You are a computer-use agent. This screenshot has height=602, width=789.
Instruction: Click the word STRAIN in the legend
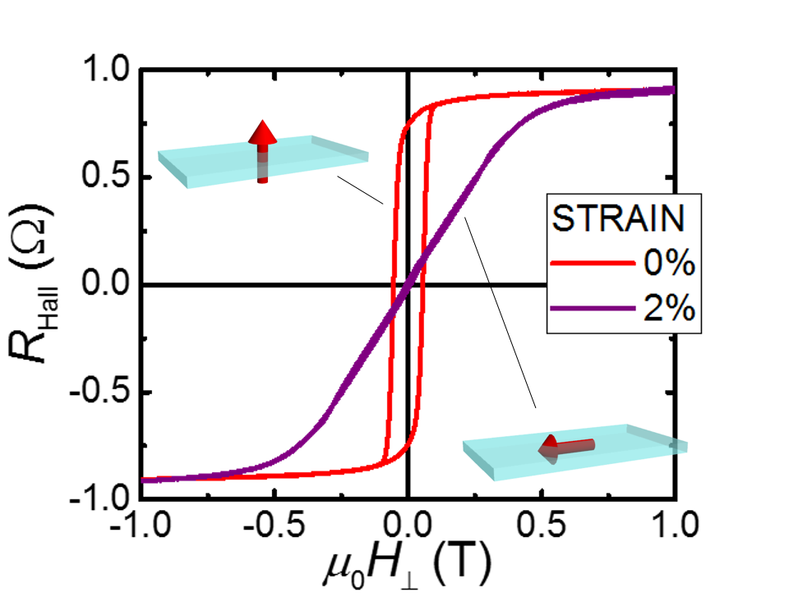618,218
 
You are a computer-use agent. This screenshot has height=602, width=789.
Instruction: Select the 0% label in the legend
669,264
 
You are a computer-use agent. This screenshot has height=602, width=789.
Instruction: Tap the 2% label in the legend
669,310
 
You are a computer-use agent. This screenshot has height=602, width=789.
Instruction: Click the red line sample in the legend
593,264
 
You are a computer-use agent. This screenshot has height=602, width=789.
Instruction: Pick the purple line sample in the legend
593,310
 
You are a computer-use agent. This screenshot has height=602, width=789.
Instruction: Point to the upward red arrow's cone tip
262,123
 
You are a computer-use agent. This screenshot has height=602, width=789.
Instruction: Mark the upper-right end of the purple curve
672,90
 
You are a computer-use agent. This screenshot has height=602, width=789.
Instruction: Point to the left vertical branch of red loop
392,287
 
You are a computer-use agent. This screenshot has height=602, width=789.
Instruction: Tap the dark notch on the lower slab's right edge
674,446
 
